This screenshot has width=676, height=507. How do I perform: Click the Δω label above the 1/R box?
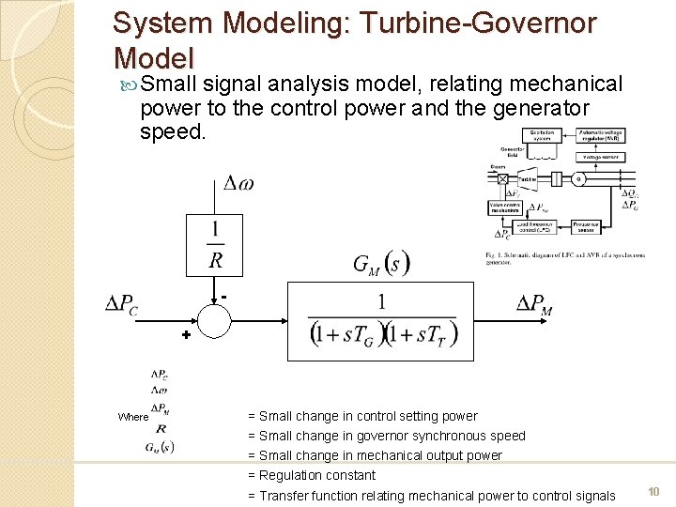238,184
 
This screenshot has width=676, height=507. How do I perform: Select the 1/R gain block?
216,243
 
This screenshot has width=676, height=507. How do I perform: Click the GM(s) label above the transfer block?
381,265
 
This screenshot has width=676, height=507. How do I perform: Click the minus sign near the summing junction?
225,297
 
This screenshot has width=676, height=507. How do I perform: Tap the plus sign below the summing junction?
186,335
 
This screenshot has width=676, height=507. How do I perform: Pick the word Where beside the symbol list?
133,417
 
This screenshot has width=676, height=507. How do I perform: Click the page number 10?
653,492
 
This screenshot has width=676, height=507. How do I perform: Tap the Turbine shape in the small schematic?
528,178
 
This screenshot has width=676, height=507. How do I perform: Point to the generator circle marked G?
578,178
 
